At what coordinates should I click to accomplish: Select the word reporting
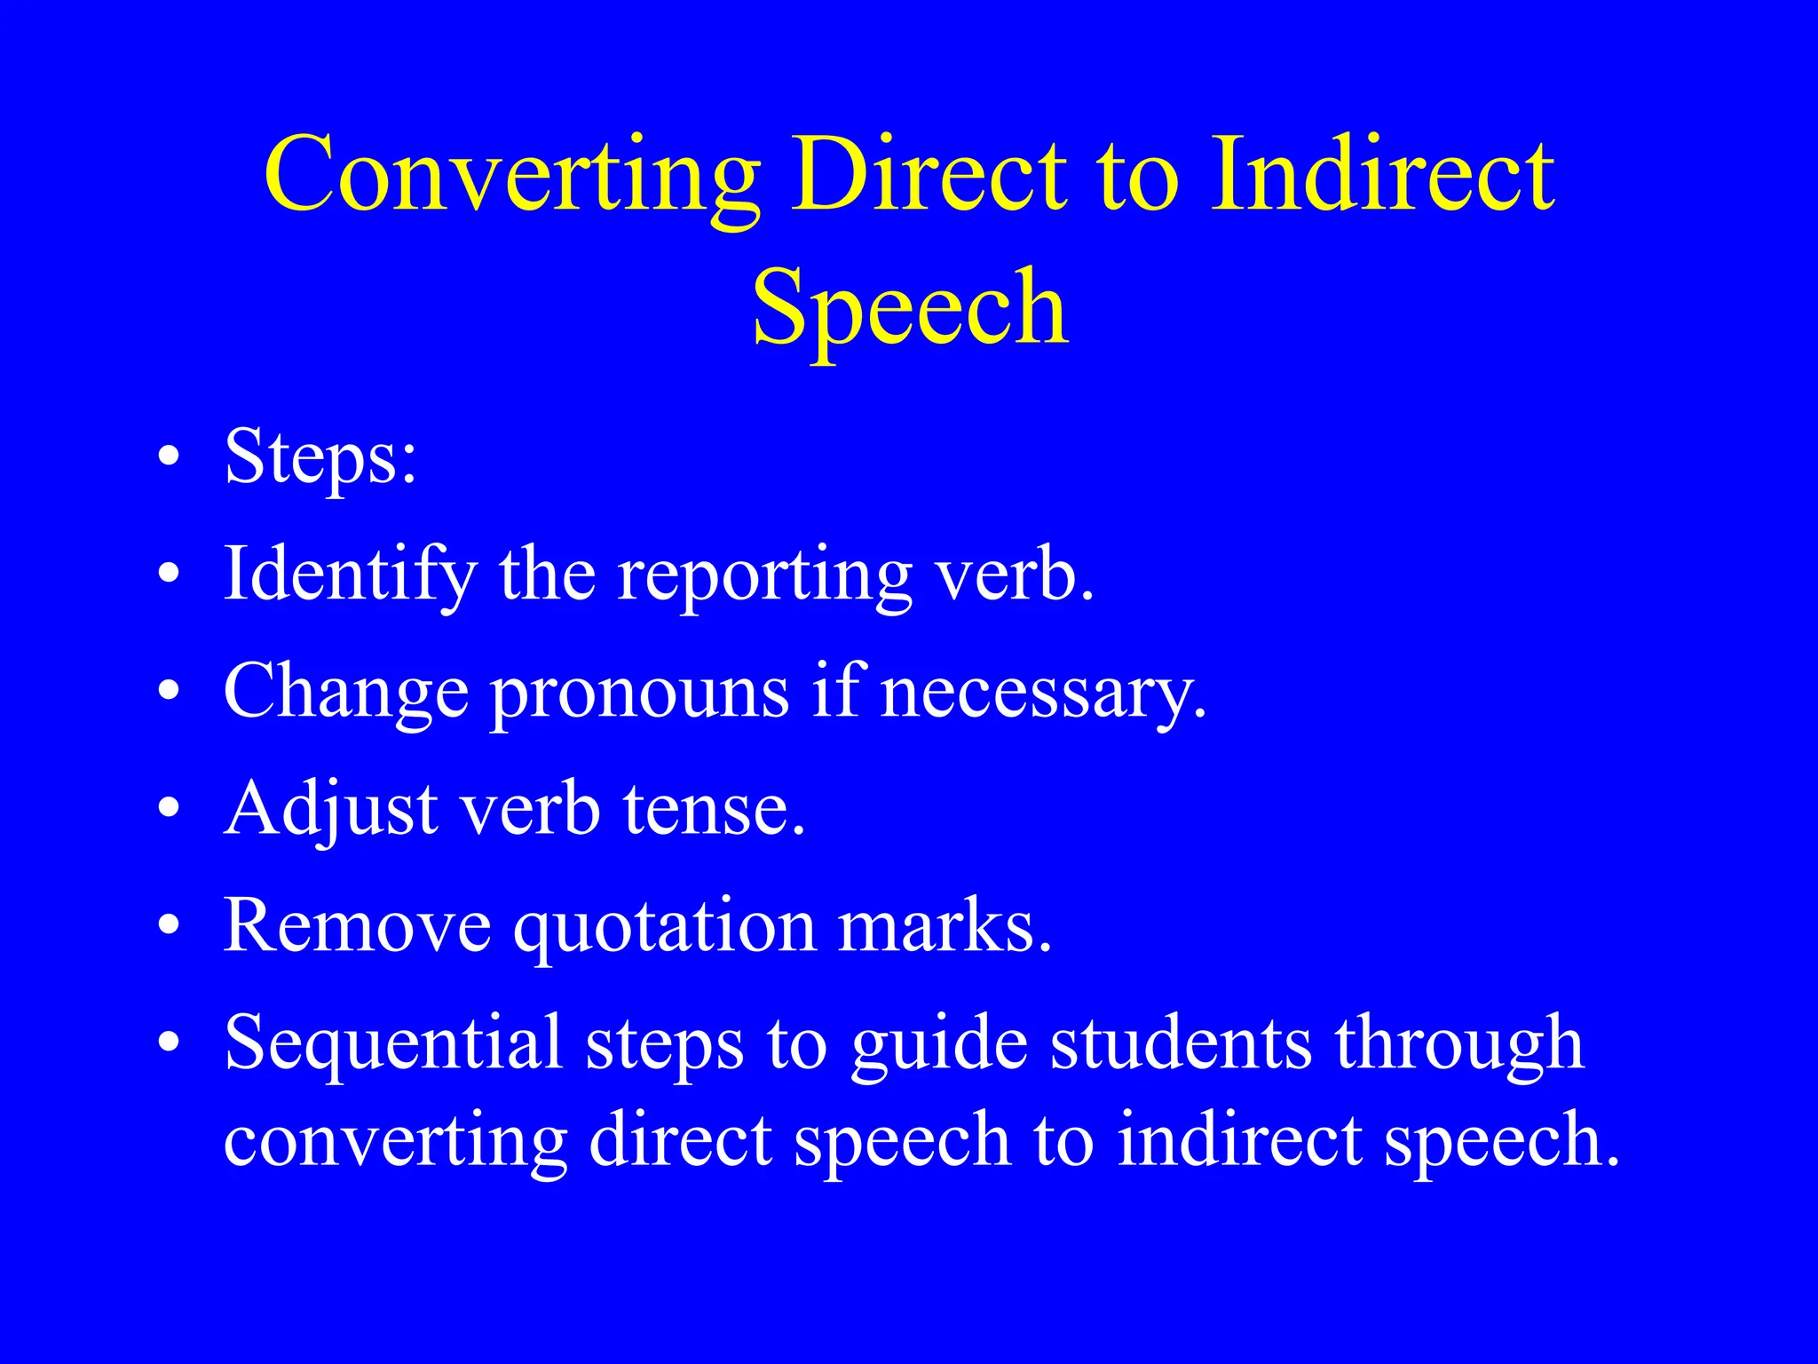[765, 575]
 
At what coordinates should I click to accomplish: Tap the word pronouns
[639, 693]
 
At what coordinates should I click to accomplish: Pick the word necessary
[1044, 693]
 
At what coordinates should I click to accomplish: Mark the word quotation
[665, 925]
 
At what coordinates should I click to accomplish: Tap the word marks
[945, 925]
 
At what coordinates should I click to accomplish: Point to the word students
[1181, 1043]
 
